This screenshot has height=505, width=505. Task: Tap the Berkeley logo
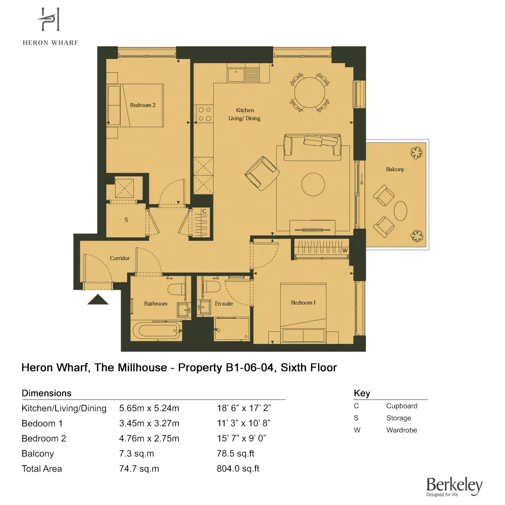click(454, 486)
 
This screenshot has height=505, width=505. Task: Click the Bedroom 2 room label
click(142, 105)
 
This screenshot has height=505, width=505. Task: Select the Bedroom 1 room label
click(303, 302)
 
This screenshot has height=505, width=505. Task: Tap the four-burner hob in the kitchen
click(204, 114)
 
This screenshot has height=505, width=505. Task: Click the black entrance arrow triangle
click(98, 300)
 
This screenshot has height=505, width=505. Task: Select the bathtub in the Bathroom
click(156, 332)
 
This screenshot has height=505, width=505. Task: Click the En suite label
click(223, 304)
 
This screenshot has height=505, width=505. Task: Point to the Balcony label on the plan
click(395, 170)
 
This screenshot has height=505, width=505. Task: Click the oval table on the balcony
click(401, 211)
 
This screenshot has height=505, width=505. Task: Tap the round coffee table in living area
click(314, 184)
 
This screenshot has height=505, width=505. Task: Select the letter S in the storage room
click(126, 220)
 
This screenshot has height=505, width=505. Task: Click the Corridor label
click(120, 258)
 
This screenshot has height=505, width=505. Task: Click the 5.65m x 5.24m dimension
click(149, 408)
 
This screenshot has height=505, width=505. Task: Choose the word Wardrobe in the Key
click(401, 430)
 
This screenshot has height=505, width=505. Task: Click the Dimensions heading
click(46, 393)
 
